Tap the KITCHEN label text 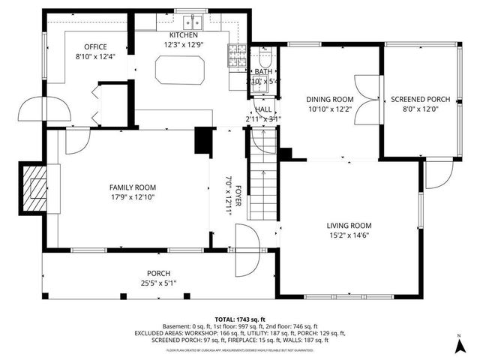pyautogui.click(x=183, y=35)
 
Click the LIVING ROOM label pyautogui.click(x=349, y=225)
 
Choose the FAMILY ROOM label pyautogui.click(x=133, y=187)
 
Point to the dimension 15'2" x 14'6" pyautogui.click(x=349, y=236)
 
